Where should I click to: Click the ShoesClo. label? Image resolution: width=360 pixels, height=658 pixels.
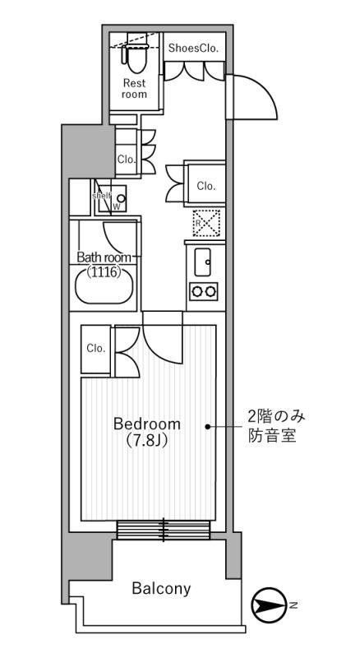pos(193,49)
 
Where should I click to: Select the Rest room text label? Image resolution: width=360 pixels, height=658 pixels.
pos(135,88)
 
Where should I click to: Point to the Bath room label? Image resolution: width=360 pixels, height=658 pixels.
pos(104,257)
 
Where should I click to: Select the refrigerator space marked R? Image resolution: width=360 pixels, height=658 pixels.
pos(203,223)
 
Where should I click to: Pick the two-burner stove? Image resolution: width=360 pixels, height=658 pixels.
pos(203,290)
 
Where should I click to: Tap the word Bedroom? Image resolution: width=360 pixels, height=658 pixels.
pos(147,424)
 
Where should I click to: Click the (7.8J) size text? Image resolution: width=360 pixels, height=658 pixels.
pos(147,441)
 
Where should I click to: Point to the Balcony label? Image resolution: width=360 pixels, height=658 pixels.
pos(161,588)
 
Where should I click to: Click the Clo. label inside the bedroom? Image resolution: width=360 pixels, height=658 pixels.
pos(95,348)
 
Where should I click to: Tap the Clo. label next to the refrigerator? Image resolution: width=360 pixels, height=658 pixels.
pos(206,186)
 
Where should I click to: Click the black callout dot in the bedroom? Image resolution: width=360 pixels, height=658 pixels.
pos(209,426)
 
